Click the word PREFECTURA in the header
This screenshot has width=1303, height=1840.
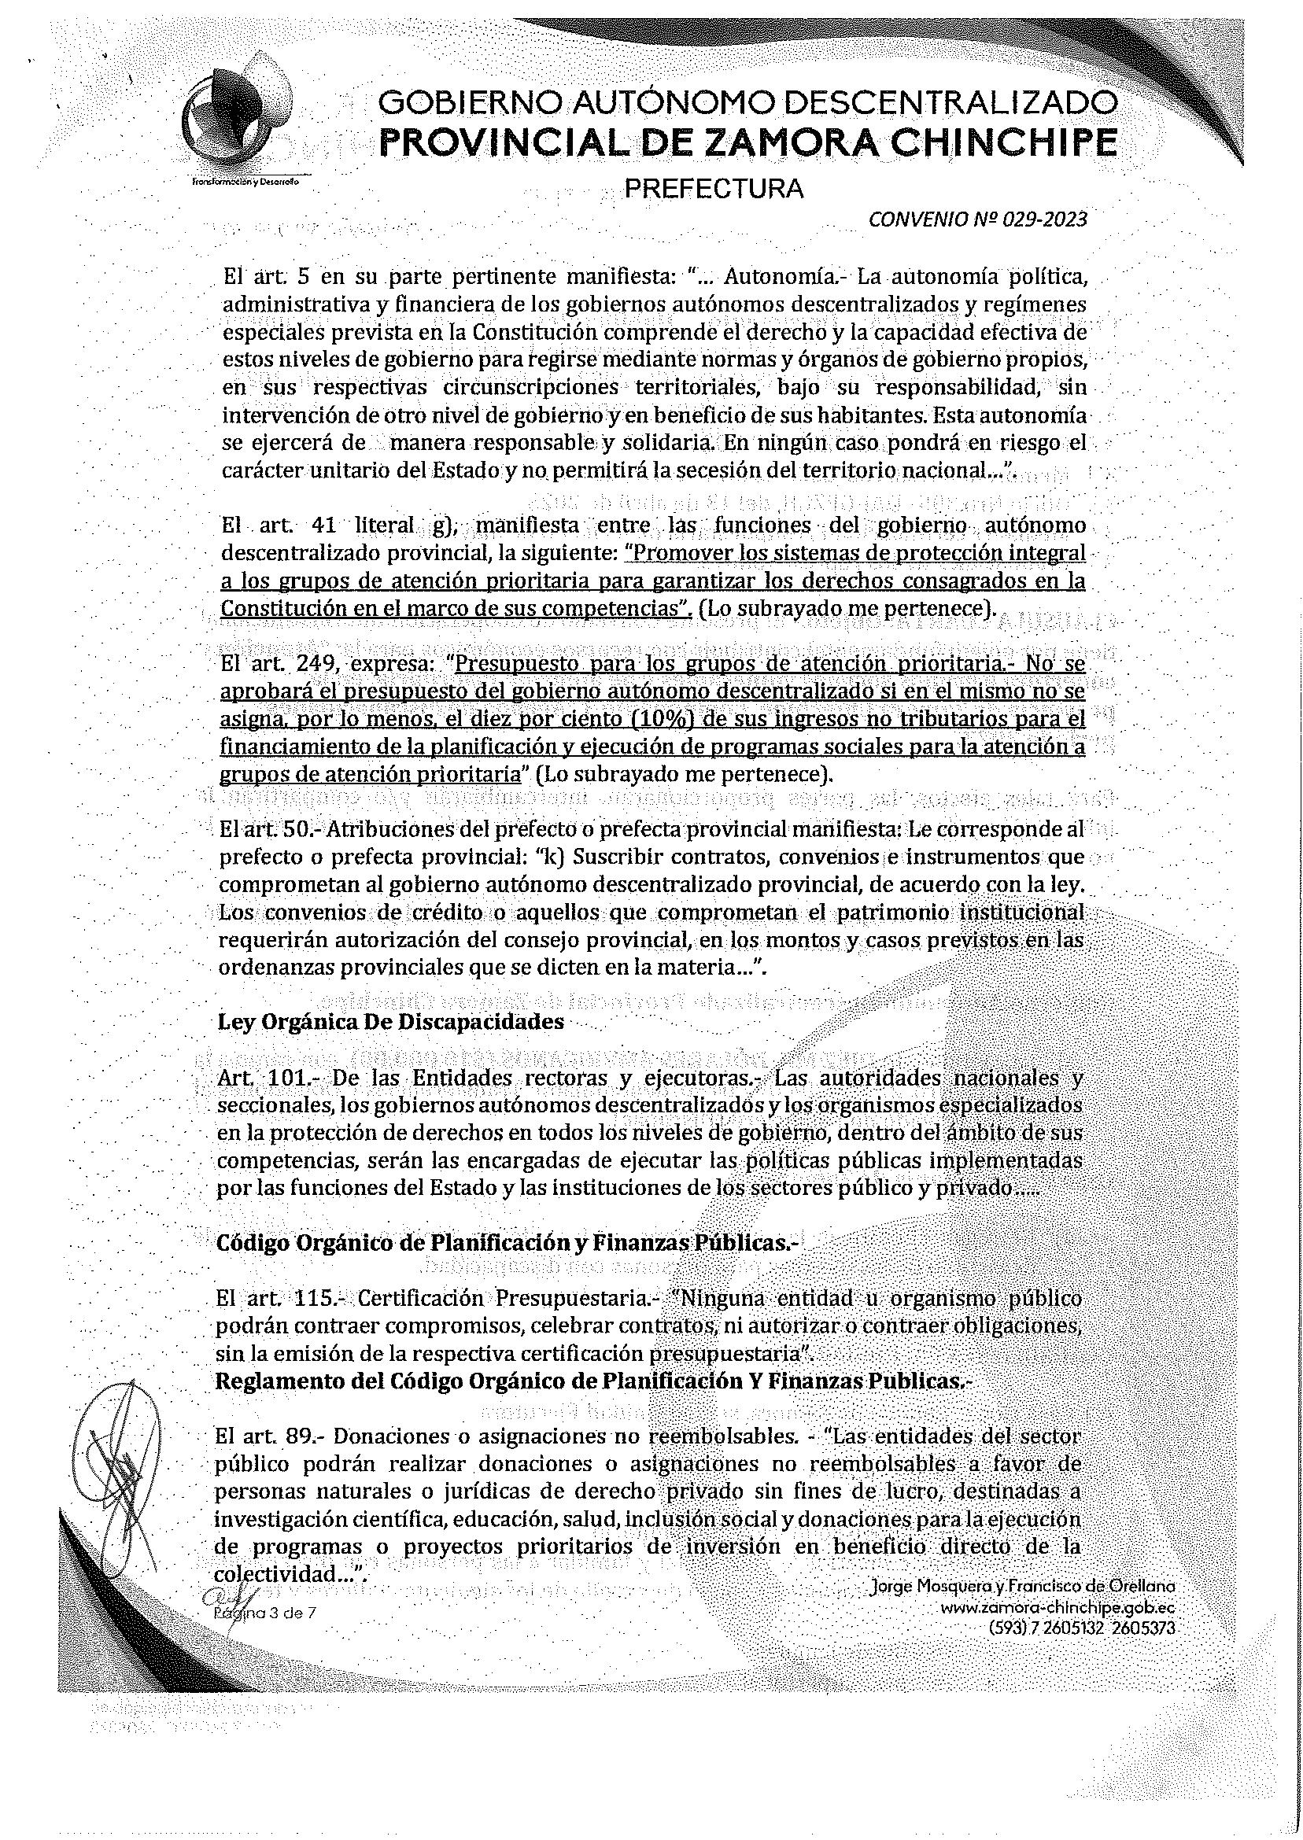point(714,189)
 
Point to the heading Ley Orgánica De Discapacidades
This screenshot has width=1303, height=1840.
point(390,1023)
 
